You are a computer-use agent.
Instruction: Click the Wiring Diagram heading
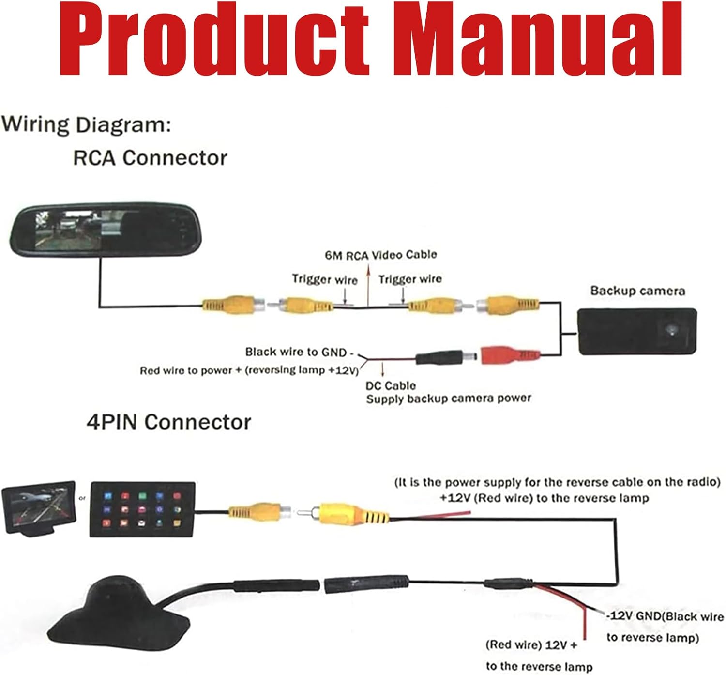(x=86, y=125)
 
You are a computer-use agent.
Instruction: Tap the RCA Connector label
(x=150, y=158)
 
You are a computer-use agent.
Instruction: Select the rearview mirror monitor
(x=106, y=230)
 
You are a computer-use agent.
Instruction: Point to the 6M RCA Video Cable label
(x=380, y=255)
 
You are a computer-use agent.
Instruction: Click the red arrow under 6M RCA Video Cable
(x=368, y=286)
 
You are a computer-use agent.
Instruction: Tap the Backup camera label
(x=637, y=291)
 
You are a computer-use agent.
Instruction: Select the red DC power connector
(x=510, y=355)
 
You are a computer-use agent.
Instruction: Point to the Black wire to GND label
(x=299, y=352)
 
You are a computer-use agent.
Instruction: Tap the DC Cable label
(x=391, y=385)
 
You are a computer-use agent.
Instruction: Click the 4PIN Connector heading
(x=169, y=422)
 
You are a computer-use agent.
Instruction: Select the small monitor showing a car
(x=39, y=508)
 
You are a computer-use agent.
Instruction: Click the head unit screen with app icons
(x=143, y=509)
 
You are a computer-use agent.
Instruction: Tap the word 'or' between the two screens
(x=82, y=498)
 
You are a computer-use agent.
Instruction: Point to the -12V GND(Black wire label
(x=665, y=616)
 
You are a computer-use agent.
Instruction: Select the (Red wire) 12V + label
(x=531, y=644)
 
